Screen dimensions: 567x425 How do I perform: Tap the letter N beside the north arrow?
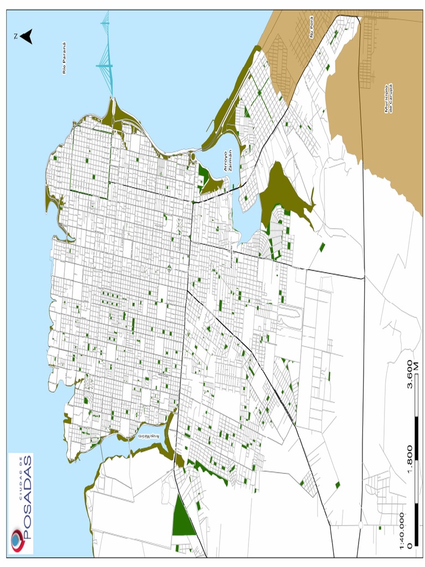point(17,37)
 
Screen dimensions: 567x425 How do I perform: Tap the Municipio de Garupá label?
point(388,99)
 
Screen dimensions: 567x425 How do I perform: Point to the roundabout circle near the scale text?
point(360,524)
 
